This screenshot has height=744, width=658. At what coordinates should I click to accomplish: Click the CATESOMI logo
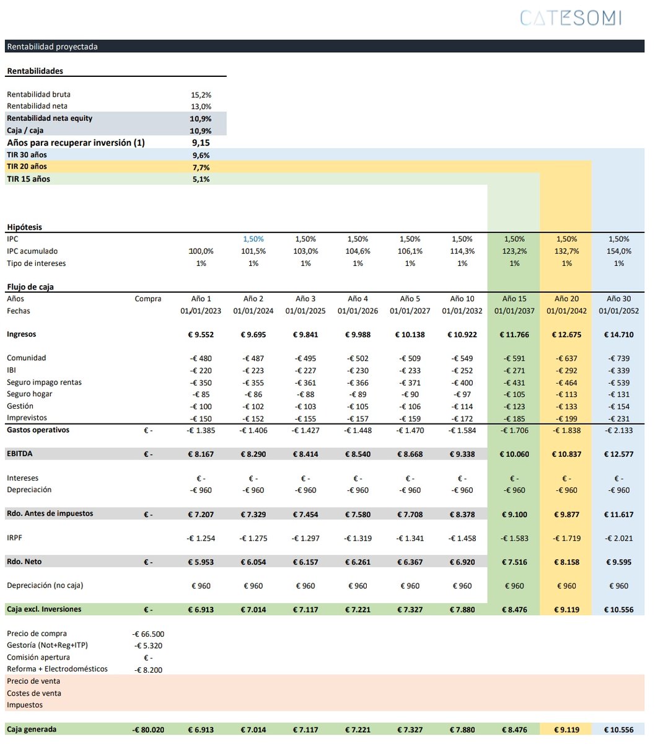tap(570, 18)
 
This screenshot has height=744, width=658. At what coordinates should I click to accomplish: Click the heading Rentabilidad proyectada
tap(53, 46)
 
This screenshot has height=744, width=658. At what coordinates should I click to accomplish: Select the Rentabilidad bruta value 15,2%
tap(201, 95)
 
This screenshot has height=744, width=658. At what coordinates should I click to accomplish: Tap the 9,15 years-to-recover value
tap(201, 143)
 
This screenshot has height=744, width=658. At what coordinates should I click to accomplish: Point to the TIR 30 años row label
tap(27, 155)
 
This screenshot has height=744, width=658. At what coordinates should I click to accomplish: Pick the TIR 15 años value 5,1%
tap(201, 179)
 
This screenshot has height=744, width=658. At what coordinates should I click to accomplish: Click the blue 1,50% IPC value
tap(253, 239)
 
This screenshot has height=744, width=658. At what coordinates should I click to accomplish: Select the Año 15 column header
tap(514, 299)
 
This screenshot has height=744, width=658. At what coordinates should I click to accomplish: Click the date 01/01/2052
tap(618, 311)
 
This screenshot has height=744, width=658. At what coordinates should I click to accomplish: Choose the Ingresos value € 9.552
tap(201, 335)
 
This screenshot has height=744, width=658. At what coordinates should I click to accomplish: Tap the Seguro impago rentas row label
tap(44, 382)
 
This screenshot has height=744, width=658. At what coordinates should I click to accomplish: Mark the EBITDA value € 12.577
tap(618, 454)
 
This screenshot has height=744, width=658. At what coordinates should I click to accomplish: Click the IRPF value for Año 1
tap(201, 538)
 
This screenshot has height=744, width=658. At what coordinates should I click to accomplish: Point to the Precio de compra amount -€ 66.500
tap(148, 634)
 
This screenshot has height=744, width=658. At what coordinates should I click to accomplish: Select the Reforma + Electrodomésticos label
tap(57, 669)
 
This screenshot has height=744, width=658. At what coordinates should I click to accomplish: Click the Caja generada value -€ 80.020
tap(148, 730)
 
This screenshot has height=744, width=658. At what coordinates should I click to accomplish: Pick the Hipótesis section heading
tap(25, 227)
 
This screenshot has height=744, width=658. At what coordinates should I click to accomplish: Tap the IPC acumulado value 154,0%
tap(618, 251)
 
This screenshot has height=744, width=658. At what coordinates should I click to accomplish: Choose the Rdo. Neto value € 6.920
tap(462, 562)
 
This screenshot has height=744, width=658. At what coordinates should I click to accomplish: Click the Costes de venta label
tap(34, 693)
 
